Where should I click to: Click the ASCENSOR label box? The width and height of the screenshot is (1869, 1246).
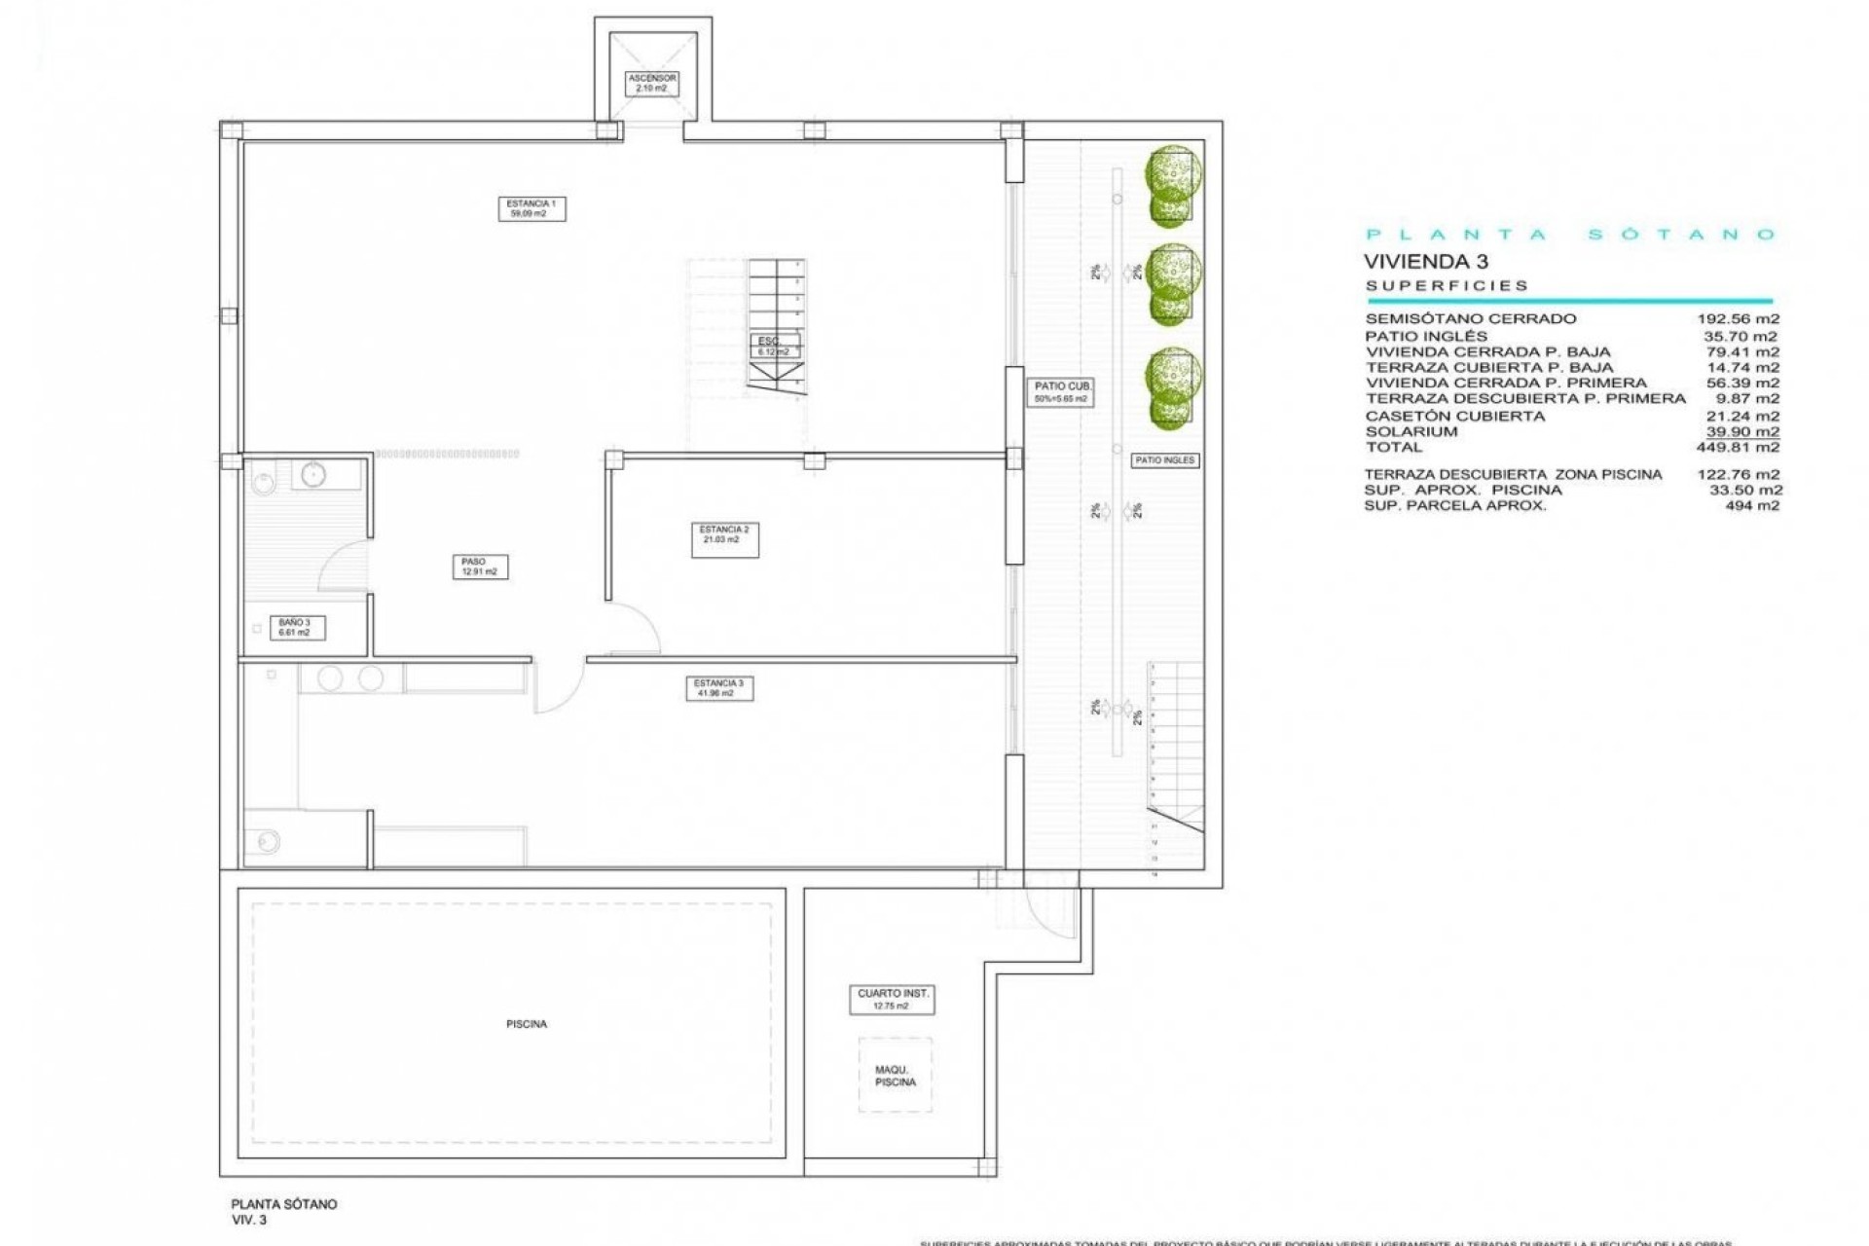click(x=651, y=83)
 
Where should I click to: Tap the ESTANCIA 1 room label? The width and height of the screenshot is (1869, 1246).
click(x=531, y=208)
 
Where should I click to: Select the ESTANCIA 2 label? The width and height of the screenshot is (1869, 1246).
click(x=724, y=539)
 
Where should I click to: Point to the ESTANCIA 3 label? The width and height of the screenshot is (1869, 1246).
click(x=718, y=688)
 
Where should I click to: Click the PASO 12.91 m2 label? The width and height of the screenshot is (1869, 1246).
click(x=479, y=567)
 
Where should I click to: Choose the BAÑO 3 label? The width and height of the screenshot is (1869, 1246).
click(x=295, y=627)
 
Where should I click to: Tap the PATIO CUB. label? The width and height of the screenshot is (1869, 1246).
click(x=1062, y=392)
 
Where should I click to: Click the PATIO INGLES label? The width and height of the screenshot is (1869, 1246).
click(x=1164, y=460)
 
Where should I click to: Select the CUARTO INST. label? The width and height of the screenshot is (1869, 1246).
click(x=892, y=999)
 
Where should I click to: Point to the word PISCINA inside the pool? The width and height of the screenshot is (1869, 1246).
click(x=526, y=1024)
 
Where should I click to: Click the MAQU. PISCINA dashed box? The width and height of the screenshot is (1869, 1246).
click(x=895, y=1076)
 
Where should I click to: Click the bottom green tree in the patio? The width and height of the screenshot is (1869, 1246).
click(x=1173, y=386)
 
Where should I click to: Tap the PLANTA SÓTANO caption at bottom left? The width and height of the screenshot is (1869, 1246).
click(x=283, y=1204)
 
